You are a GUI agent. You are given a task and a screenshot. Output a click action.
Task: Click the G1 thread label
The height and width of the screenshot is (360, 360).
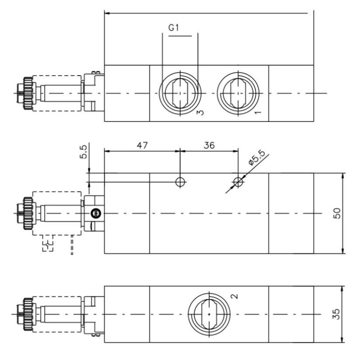174,28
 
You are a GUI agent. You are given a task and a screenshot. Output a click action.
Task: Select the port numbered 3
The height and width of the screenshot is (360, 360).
179,93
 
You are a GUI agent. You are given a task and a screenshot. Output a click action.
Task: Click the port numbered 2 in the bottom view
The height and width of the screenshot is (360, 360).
209,314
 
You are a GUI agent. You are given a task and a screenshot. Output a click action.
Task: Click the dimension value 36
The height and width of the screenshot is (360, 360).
209,145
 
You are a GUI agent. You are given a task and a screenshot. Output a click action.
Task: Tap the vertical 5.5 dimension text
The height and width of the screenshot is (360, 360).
83,155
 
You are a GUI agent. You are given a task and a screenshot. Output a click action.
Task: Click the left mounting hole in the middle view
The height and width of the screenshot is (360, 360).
180,182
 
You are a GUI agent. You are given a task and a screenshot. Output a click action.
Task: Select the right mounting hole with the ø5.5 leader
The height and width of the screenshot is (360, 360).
238,182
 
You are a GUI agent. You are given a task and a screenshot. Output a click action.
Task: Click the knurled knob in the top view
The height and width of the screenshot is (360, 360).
28,93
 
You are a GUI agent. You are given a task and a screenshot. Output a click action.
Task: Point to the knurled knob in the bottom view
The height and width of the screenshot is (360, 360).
28,314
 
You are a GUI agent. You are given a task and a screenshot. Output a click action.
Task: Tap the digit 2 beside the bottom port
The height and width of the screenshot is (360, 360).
233,296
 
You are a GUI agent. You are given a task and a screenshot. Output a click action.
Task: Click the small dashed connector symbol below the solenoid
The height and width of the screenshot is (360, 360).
48,245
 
